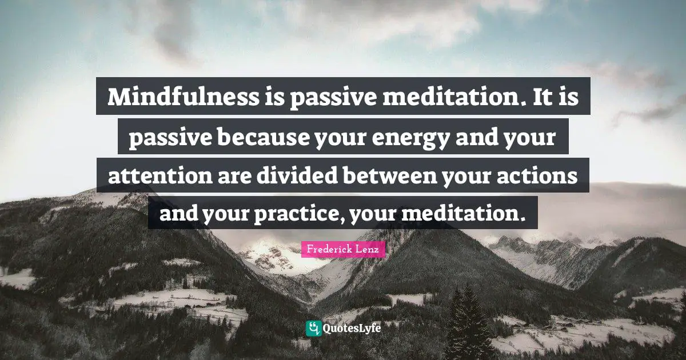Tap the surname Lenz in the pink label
tap(369, 250)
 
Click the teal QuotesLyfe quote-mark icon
tap(313, 328)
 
